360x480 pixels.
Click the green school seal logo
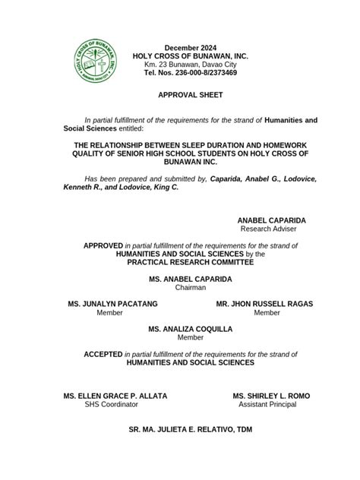pos(96,60)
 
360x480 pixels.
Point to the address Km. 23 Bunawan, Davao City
pos(190,65)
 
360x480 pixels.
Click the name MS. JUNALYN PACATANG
pos(112,304)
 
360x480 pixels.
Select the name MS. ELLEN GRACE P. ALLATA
pos(115,396)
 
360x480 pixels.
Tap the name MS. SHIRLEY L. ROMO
pos(271,396)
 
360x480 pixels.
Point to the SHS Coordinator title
pos(112,405)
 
